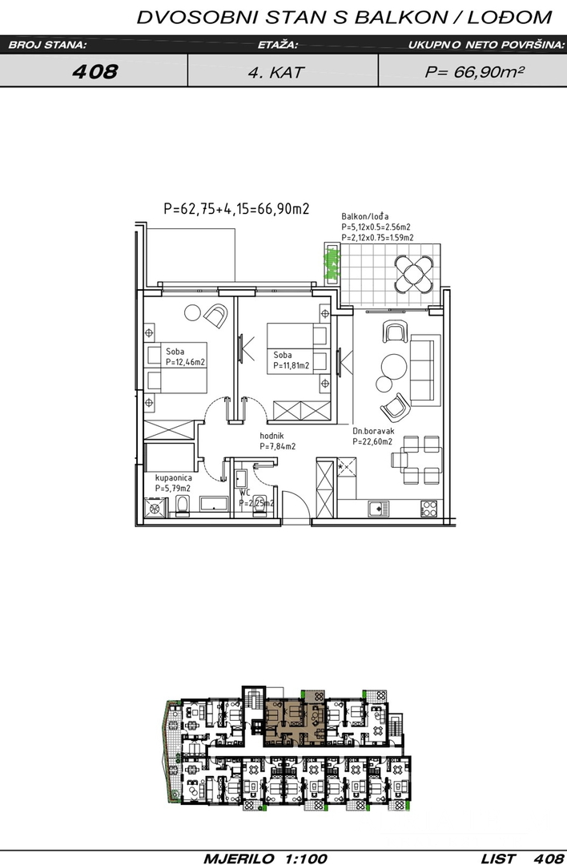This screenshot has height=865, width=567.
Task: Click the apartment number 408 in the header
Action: point(94,71)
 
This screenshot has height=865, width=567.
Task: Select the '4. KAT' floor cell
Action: point(275,72)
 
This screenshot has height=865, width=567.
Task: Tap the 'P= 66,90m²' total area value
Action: point(474,71)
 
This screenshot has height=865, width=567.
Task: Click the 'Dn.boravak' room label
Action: point(373,432)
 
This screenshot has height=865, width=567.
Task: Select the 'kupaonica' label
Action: point(174,477)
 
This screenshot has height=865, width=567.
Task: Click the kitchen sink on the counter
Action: point(378,509)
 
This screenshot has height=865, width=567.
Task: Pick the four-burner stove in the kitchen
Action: point(429,508)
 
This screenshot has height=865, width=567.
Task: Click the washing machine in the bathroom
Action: point(155,508)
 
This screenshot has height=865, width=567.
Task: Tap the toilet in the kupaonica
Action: point(182,506)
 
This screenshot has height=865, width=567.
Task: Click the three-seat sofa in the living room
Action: point(423,372)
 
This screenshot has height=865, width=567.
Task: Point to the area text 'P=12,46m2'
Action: point(185,363)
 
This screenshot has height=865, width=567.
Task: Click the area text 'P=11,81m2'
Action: point(292,366)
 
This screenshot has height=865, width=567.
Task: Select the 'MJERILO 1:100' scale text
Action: point(265,859)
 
